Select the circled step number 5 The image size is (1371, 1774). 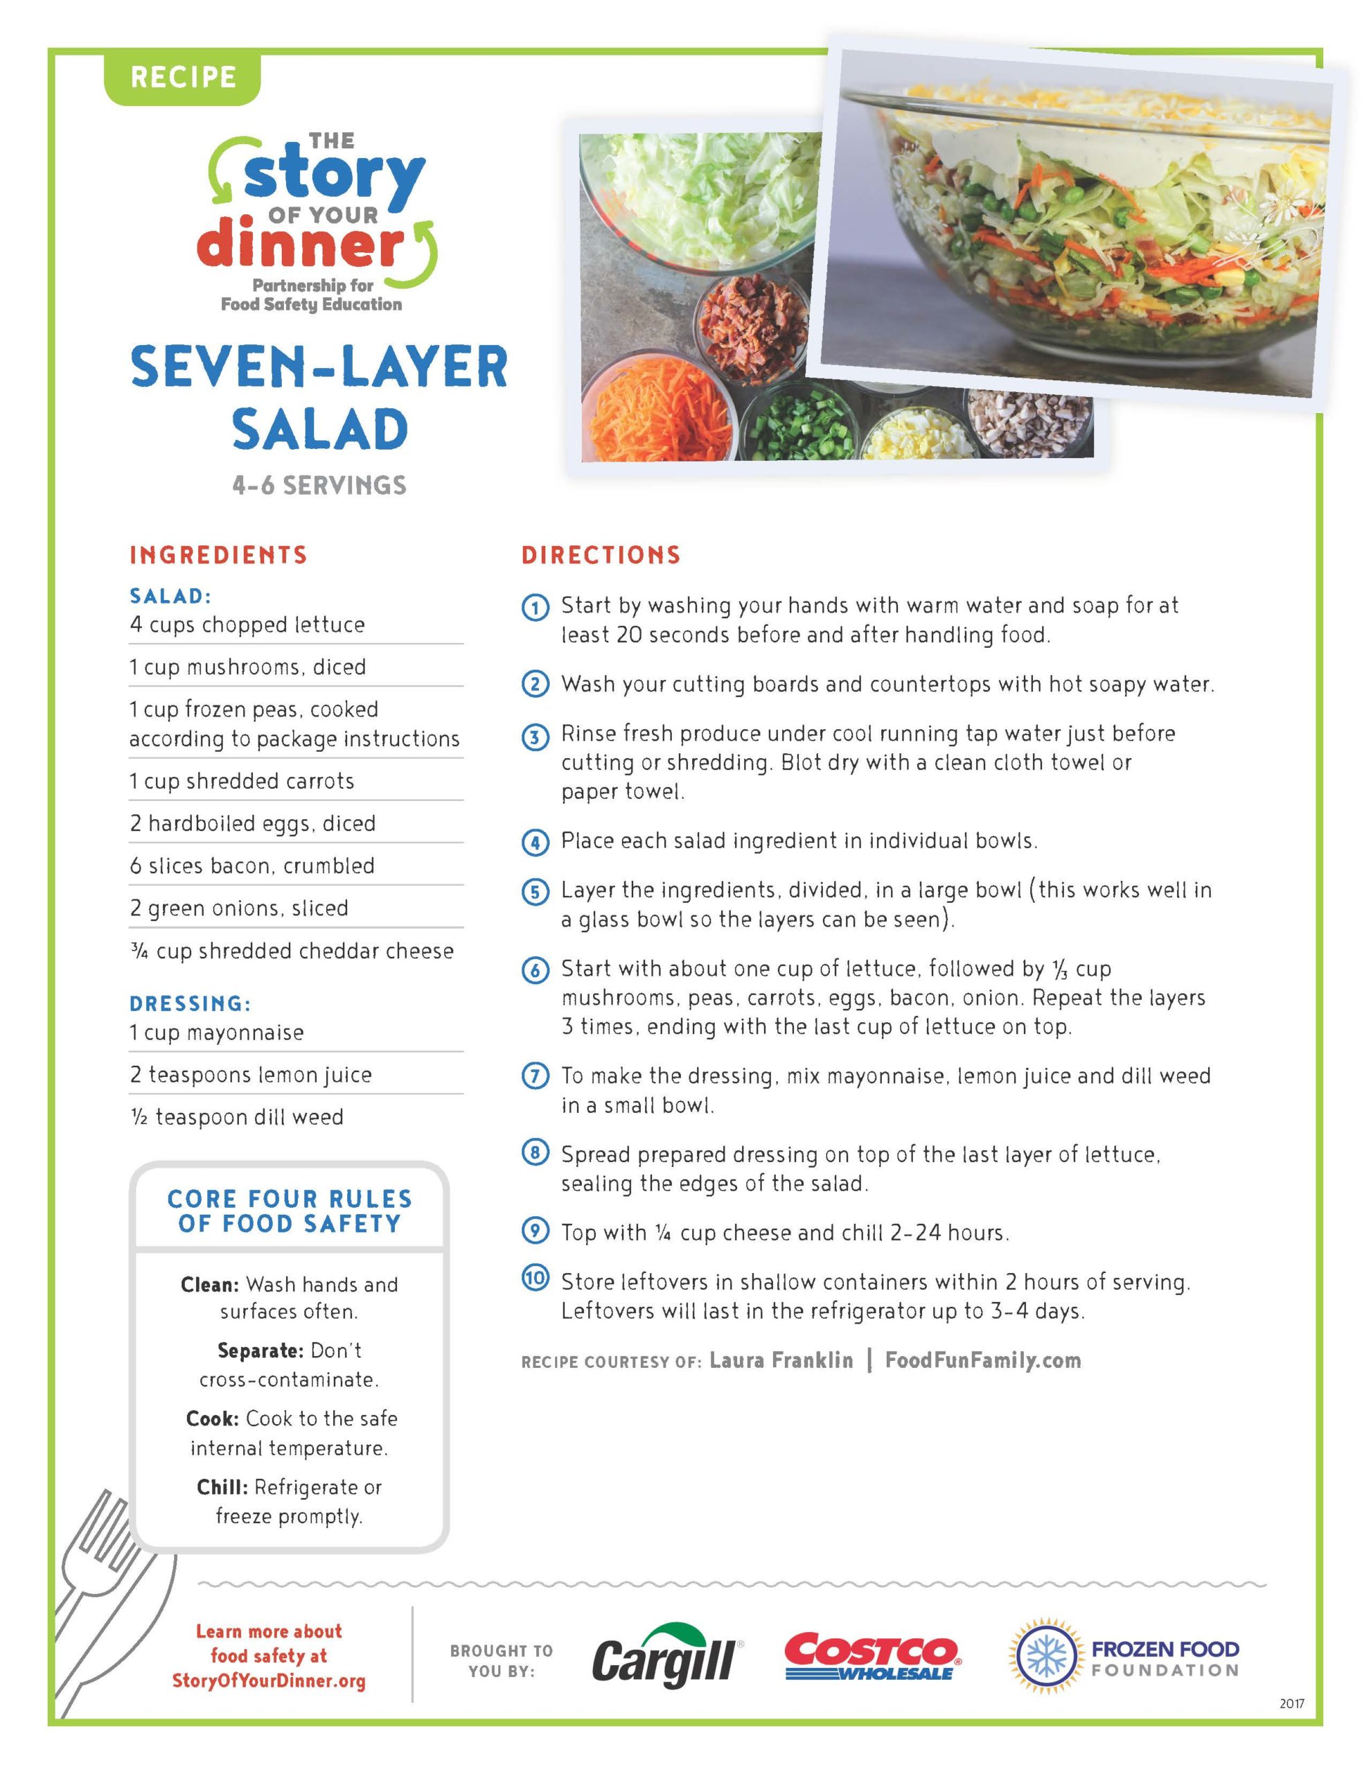click(x=534, y=892)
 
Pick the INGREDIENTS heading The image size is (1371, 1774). click(x=218, y=556)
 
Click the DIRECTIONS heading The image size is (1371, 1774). click(x=601, y=556)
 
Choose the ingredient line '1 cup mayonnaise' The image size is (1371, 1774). click(x=217, y=1033)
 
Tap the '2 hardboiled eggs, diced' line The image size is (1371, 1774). click(x=253, y=824)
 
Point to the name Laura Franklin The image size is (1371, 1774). click(x=781, y=1360)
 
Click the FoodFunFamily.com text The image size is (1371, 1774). click(x=983, y=1360)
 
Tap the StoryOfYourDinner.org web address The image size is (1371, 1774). click(x=269, y=1680)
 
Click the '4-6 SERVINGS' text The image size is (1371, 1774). click(x=319, y=486)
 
